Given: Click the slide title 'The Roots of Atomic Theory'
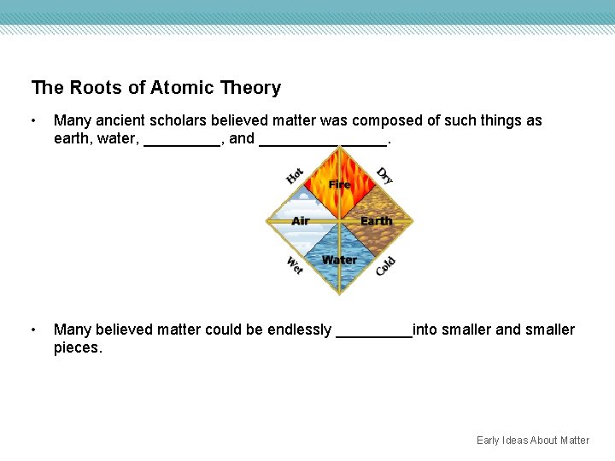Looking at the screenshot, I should coord(155,88).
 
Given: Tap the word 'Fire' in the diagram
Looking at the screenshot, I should coord(340,184).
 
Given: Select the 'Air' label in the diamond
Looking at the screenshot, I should coord(301,221).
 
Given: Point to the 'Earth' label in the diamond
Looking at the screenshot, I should coord(376,221).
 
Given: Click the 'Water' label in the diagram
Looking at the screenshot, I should coord(339,260).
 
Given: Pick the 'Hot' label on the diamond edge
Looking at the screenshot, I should coord(295,176).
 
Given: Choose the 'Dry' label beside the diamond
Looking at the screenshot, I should coord(385,175).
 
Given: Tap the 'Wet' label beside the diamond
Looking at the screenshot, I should coord(295,266).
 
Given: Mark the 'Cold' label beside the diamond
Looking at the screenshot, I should coord(385,266).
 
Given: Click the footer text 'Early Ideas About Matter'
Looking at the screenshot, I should coord(532,441).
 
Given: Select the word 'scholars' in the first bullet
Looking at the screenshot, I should coord(166,120).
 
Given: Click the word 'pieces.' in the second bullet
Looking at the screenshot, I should coord(78,348).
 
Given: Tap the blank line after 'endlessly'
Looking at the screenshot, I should coord(374,333).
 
